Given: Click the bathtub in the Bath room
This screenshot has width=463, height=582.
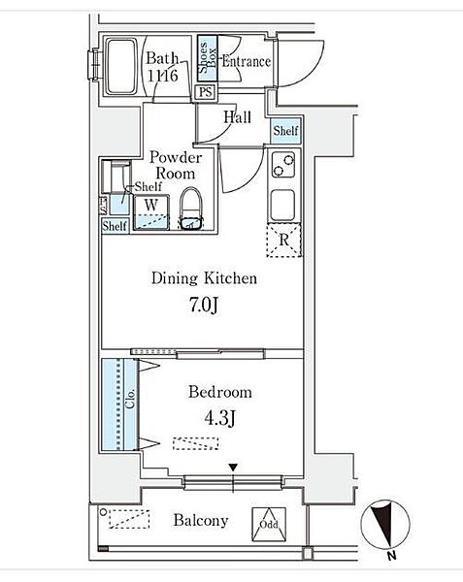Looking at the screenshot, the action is coord(120,67).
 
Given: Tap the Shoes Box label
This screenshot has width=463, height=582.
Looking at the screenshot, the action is coord(207,58).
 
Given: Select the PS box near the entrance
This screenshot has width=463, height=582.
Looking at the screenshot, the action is coord(206,92).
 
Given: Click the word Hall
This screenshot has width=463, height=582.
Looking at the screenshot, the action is coord(237,117).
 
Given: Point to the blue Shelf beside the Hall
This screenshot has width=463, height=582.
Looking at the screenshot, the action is coord(285,131).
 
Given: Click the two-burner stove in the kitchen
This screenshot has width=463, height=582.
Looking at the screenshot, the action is coord(283,165).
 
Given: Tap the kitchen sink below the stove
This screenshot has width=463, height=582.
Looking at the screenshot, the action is coord(282,206).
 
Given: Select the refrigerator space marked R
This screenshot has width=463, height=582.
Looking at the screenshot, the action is coord(284,241).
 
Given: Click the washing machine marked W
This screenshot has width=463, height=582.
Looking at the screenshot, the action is coord(151,212).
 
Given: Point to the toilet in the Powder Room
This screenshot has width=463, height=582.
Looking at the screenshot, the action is coord(191,209).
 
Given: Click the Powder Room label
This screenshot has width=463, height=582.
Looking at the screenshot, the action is coord(176,166).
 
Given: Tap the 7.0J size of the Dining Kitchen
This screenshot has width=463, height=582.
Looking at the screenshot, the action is coord(204,306).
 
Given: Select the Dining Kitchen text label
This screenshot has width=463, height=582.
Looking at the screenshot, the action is coord(204,278).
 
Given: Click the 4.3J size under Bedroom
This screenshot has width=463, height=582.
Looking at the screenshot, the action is coord(219,419).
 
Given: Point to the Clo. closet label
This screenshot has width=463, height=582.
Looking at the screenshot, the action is coord(130,399).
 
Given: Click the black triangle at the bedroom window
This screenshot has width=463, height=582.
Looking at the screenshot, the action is coord(233,468).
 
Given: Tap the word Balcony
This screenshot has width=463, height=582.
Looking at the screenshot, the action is coord(201,520).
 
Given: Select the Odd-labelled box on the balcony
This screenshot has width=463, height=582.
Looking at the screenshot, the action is coord(269,525).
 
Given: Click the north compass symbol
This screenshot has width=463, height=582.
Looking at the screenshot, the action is coord(385,524).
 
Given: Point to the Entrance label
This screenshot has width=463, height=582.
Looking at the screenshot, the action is coord(247,62).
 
